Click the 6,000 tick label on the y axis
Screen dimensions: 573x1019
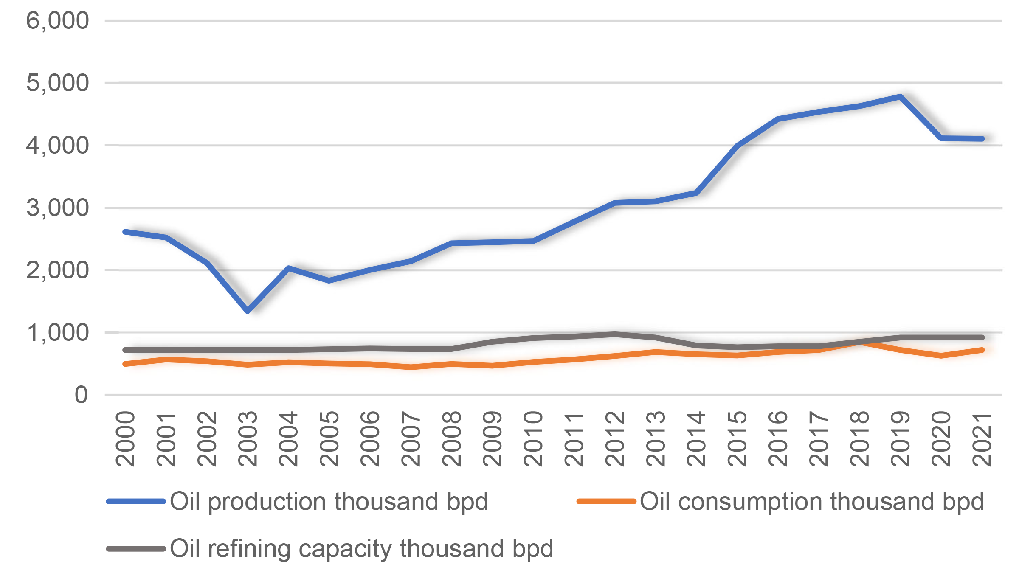pos(57,20)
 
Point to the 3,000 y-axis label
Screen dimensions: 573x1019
pos(57,208)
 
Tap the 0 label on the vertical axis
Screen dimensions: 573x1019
pos(81,395)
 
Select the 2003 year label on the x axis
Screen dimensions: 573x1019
pos(248,439)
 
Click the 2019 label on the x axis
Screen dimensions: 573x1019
pos(900,439)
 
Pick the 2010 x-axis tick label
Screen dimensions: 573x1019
pos(533,439)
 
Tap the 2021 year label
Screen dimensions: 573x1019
pos(982,439)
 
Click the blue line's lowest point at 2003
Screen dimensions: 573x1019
pos(248,311)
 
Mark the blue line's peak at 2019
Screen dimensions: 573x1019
pos(900,96)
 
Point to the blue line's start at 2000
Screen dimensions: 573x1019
pos(125,232)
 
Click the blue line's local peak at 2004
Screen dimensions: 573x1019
pos(289,268)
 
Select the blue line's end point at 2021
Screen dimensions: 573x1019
pos(982,139)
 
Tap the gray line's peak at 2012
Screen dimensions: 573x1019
pos(615,334)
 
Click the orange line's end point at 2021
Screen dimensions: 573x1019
pos(982,350)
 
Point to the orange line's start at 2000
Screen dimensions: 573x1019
pos(125,364)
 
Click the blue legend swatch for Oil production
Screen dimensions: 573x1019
pos(136,501)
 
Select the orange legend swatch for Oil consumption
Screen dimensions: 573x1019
pos(606,501)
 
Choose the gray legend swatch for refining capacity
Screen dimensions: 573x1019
pos(136,548)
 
